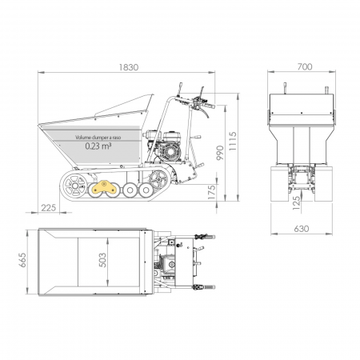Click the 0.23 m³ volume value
tap(98, 146)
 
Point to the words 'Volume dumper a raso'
tap(98, 138)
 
